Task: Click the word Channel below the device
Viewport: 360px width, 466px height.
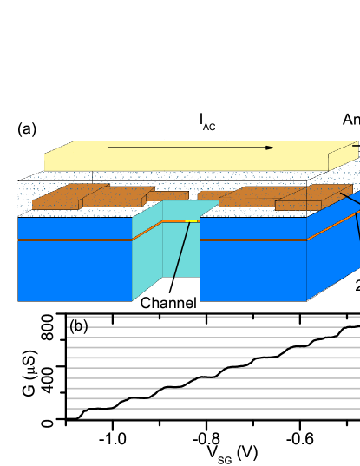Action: (x=168, y=303)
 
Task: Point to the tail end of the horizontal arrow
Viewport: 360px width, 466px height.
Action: (x=109, y=148)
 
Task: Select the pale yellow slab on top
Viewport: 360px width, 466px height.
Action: (x=187, y=161)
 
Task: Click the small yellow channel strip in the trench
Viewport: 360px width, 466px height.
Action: (x=191, y=221)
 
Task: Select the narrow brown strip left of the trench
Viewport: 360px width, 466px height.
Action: (x=167, y=196)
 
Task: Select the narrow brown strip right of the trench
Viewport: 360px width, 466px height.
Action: (x=213, y=196)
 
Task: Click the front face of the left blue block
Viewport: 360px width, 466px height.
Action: (x=75, y=271)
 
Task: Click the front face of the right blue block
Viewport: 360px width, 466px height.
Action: (x=252, y=271)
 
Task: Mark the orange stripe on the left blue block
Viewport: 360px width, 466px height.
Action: (x=75, y=239)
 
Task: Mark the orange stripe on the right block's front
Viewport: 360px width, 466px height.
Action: (x=252, y=239)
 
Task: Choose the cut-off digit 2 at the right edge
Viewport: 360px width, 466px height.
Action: (x=357, y=286)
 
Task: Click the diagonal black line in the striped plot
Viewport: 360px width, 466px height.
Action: (x=217, y=368)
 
